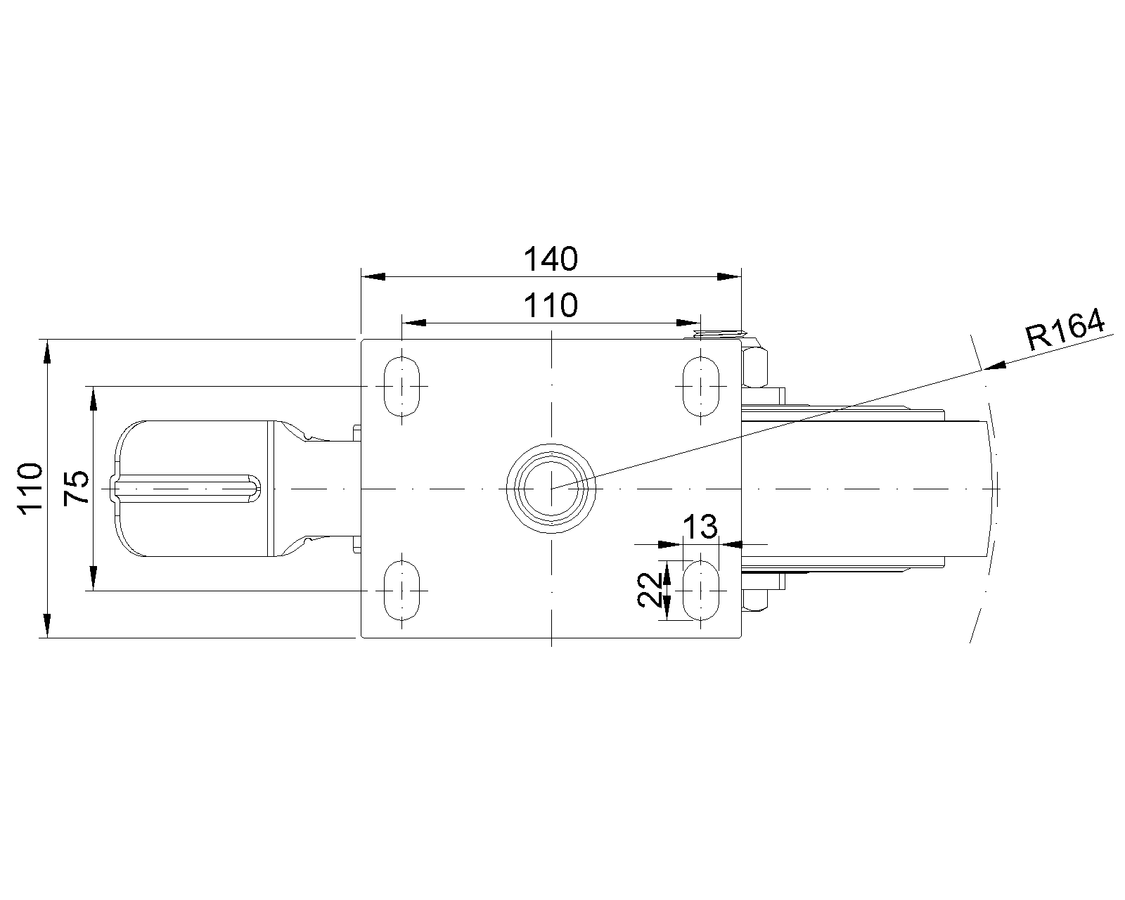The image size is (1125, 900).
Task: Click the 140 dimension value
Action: click(551, 259)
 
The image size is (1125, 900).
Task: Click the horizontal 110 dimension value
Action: click(551, 305)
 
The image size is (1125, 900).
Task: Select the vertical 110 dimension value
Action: click(30, 489)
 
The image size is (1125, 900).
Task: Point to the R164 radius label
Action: click(1065, 330)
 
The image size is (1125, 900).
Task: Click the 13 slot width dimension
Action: click(700, 527)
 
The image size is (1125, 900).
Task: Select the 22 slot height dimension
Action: click(650, 590)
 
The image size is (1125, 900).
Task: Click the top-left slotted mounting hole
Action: click(401, 386)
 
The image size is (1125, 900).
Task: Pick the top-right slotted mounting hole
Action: click(701, 386)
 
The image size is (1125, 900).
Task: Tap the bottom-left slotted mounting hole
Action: click(401, 591)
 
